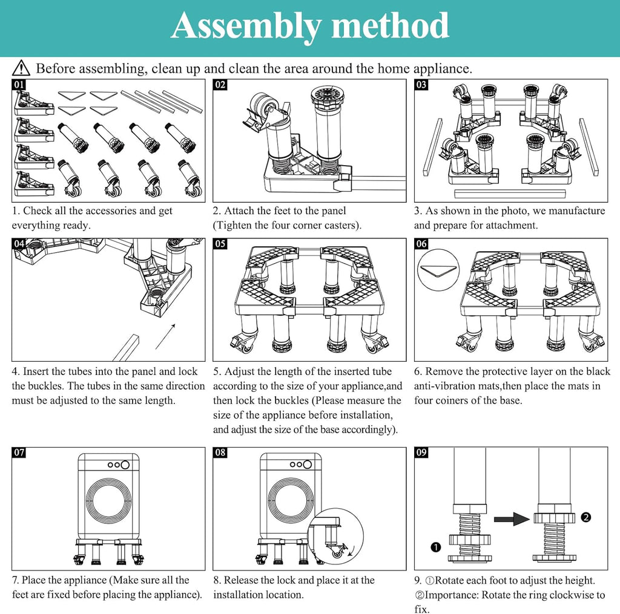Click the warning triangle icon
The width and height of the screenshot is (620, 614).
tap(21, 68)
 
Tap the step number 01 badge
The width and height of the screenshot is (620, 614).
tap(19, 85)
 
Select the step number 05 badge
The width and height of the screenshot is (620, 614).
tap(220, 244)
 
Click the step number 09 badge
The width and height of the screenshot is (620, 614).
tap(421, 452)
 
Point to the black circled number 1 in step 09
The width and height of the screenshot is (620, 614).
tap(435, 547)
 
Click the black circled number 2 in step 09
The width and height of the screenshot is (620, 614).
tap(585, 517)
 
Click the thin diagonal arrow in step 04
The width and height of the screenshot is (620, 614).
tap(165, 336)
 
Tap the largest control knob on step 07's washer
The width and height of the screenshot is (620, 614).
tap(125, 465)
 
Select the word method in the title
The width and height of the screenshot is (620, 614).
tap(390, 25)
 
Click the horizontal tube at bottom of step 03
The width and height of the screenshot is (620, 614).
tap(510, 194)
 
